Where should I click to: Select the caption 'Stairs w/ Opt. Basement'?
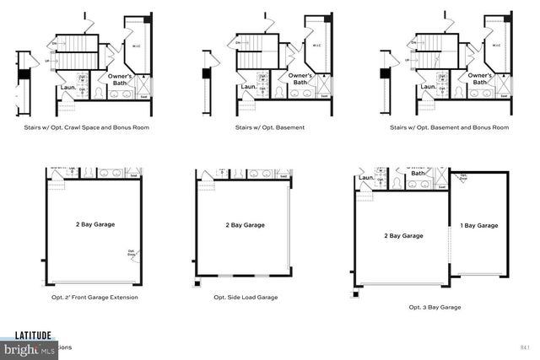(x=271, y=127)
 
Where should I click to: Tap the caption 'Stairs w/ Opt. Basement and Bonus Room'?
(x=449, y=127)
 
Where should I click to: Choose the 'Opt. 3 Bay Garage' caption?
(x=435, y=307)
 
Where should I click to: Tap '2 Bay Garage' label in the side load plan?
(x=245, y=225)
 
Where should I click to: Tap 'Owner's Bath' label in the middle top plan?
(x=301, y=79)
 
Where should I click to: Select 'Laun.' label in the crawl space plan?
(x=69, y=87)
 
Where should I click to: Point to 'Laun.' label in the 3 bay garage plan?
(x=366, y=178)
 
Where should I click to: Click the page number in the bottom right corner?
(x=526, y=347)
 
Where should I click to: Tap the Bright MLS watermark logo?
(x=29, y=347)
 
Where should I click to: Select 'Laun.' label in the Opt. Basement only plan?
(x=248, y=87)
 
